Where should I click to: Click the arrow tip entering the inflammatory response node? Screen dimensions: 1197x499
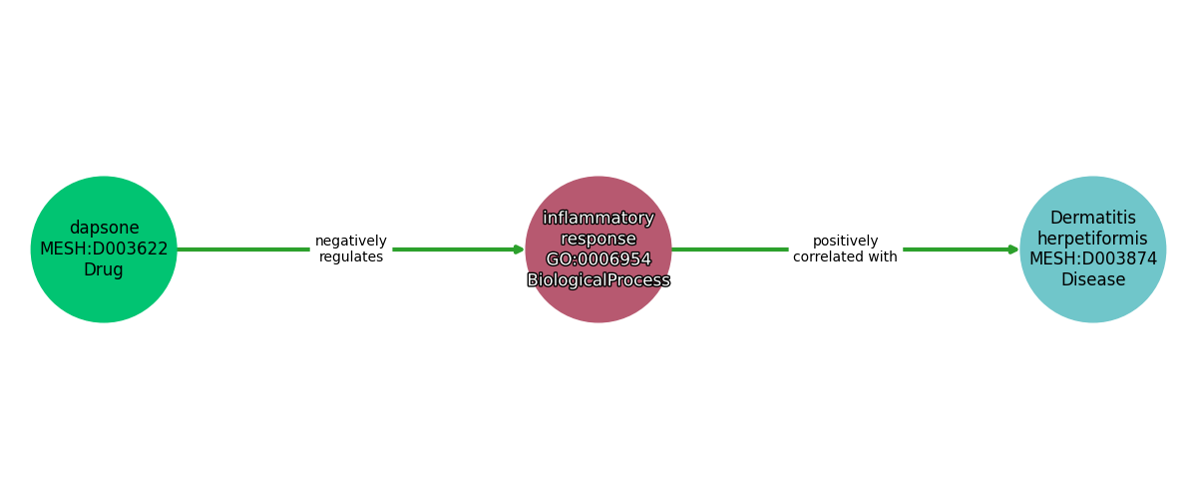coord(525,249)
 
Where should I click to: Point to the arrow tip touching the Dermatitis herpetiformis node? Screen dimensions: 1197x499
coord(1019,249)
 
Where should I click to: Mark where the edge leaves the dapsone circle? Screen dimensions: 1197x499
coord(177,249)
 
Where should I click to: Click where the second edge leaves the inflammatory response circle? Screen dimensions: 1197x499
coord(671,249)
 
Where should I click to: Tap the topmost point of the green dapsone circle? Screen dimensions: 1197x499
coord(104,176)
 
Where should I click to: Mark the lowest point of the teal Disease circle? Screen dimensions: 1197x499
coord(1093,322)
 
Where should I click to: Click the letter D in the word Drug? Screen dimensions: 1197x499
coord(89,269)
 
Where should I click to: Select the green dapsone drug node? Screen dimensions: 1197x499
coord(104,249)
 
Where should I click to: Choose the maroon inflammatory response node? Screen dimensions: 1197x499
coord(598,249)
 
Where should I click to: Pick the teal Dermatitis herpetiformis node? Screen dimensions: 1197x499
coord(1093,249)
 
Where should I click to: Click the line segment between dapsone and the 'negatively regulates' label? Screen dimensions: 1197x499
coord(243,249)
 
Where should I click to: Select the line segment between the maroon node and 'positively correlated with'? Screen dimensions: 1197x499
coord(730,249)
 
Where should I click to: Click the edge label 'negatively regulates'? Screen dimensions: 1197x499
coord(351,249)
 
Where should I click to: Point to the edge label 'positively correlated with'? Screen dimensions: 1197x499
coord(846,249)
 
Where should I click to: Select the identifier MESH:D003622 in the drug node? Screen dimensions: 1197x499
coord(104,249)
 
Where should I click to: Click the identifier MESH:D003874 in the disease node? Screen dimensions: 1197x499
coord(1093,258)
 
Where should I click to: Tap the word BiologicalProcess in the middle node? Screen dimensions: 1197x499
coord(598,279)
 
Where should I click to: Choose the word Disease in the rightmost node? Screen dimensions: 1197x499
coord(1093,279)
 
